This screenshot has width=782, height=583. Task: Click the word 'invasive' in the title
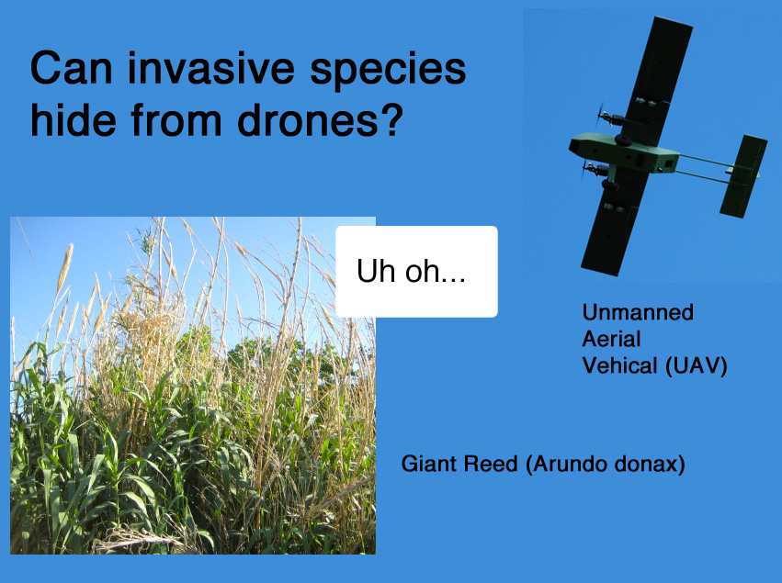211,68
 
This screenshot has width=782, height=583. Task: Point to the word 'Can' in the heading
72,68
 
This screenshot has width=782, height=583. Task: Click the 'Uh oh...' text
411,271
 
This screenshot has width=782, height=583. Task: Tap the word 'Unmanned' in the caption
638,312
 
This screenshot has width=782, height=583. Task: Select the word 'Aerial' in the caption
611,339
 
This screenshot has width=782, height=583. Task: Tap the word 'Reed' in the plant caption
491,464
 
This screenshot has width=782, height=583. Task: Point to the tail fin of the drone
742,176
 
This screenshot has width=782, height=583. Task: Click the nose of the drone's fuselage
574,145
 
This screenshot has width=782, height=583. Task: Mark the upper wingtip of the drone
674,22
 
